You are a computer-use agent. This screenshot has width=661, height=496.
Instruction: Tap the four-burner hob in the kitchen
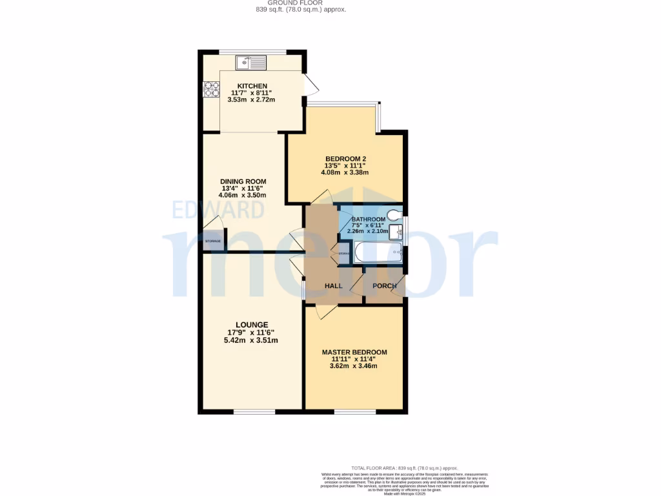coord(212,90)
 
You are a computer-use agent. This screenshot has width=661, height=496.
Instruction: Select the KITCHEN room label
coord(252,86)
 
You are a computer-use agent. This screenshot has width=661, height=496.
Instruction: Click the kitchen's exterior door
coord(310,85)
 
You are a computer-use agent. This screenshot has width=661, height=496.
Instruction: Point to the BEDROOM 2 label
coord(345,159)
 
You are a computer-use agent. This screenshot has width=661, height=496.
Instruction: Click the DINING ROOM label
coord(243,181)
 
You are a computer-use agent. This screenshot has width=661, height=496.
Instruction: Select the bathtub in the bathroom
coord(378,253)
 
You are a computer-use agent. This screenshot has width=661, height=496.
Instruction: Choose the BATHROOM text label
coord(368,220)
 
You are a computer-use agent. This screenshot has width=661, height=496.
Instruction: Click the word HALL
coord(333,285)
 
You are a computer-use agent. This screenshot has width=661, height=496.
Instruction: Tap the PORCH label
coord(385,285)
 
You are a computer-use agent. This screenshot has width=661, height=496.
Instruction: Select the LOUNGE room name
coord(252,325)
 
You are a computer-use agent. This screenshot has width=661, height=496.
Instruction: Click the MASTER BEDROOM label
coord(354,352)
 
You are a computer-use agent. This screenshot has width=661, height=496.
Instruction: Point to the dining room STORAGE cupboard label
coord(212,241)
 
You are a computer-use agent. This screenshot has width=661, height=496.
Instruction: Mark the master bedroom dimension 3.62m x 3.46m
coord(354,366)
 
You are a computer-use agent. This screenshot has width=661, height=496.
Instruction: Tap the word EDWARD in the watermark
coord(218,210)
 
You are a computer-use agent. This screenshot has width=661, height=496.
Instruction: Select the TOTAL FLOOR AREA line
coord(404,468)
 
